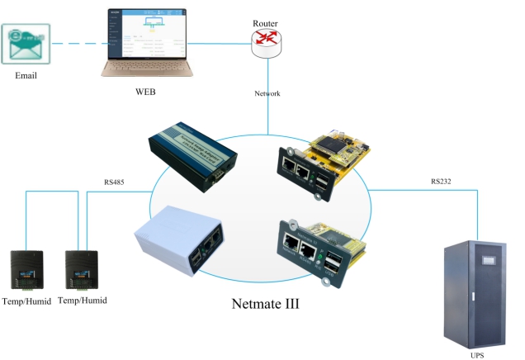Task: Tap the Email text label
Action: [26, 76]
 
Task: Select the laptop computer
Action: [148, 41]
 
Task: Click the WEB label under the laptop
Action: [146, 91]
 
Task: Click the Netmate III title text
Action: [267, 303]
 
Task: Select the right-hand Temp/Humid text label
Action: [83, 301]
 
